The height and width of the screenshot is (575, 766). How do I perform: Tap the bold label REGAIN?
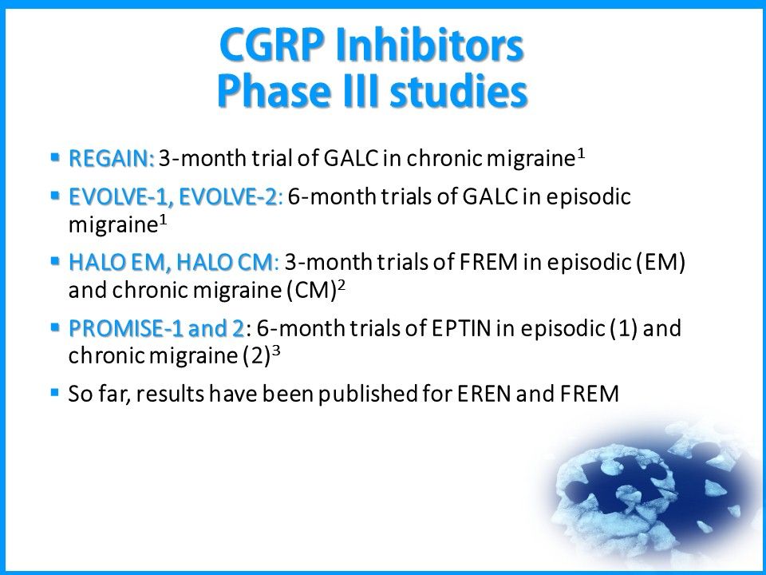[x=111, y=158]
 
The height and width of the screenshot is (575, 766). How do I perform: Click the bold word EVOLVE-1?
[x=120, y=197]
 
